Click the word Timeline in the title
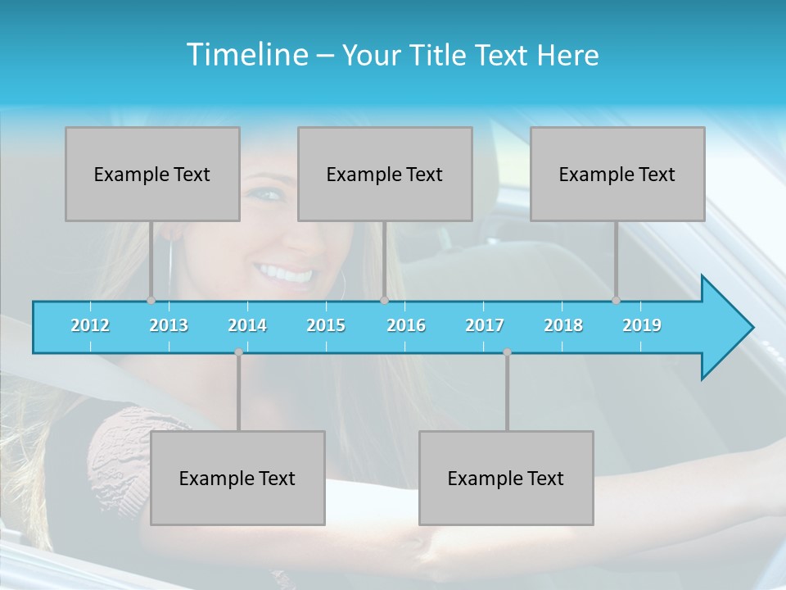click(246, 55)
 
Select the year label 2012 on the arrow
click(90, 325)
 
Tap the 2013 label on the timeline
click(169, 325)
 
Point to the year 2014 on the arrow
click(247, 325)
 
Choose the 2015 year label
click(326, 325)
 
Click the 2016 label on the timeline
click(406, 325)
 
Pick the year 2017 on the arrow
click(485, 325)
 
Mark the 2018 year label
click(563, 325)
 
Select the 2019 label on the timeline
click(642, 325)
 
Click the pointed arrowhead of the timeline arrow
click(729, 328)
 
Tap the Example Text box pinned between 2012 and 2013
click(152, 175)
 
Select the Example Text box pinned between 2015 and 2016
click(385, 175)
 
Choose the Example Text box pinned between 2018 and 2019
click(617, 175)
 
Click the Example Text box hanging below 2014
click(237, 479)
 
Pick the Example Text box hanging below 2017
click(506, 479)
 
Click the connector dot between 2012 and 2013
click(151, 301)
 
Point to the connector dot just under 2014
click(238, 352)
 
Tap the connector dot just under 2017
click(507, 352)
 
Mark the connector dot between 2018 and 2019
click(616, 301)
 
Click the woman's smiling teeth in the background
click(285, 273)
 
